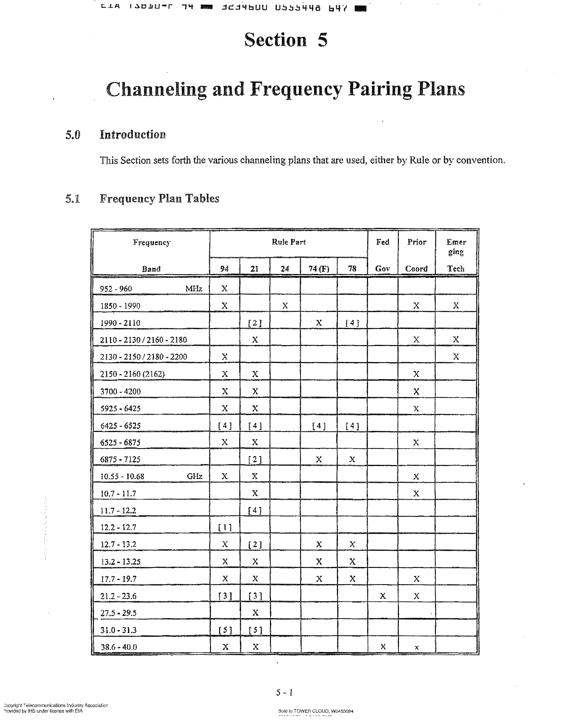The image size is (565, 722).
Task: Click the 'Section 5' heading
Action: (x=286, y=40)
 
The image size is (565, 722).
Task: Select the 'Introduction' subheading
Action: (x=132, y=135)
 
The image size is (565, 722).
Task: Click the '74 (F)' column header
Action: (x=319, y=269)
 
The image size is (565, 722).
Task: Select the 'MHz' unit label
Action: (x=194, y=289)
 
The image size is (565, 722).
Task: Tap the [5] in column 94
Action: (x=225, y=630)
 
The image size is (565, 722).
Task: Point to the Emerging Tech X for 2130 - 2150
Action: (x=456, y=356)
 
